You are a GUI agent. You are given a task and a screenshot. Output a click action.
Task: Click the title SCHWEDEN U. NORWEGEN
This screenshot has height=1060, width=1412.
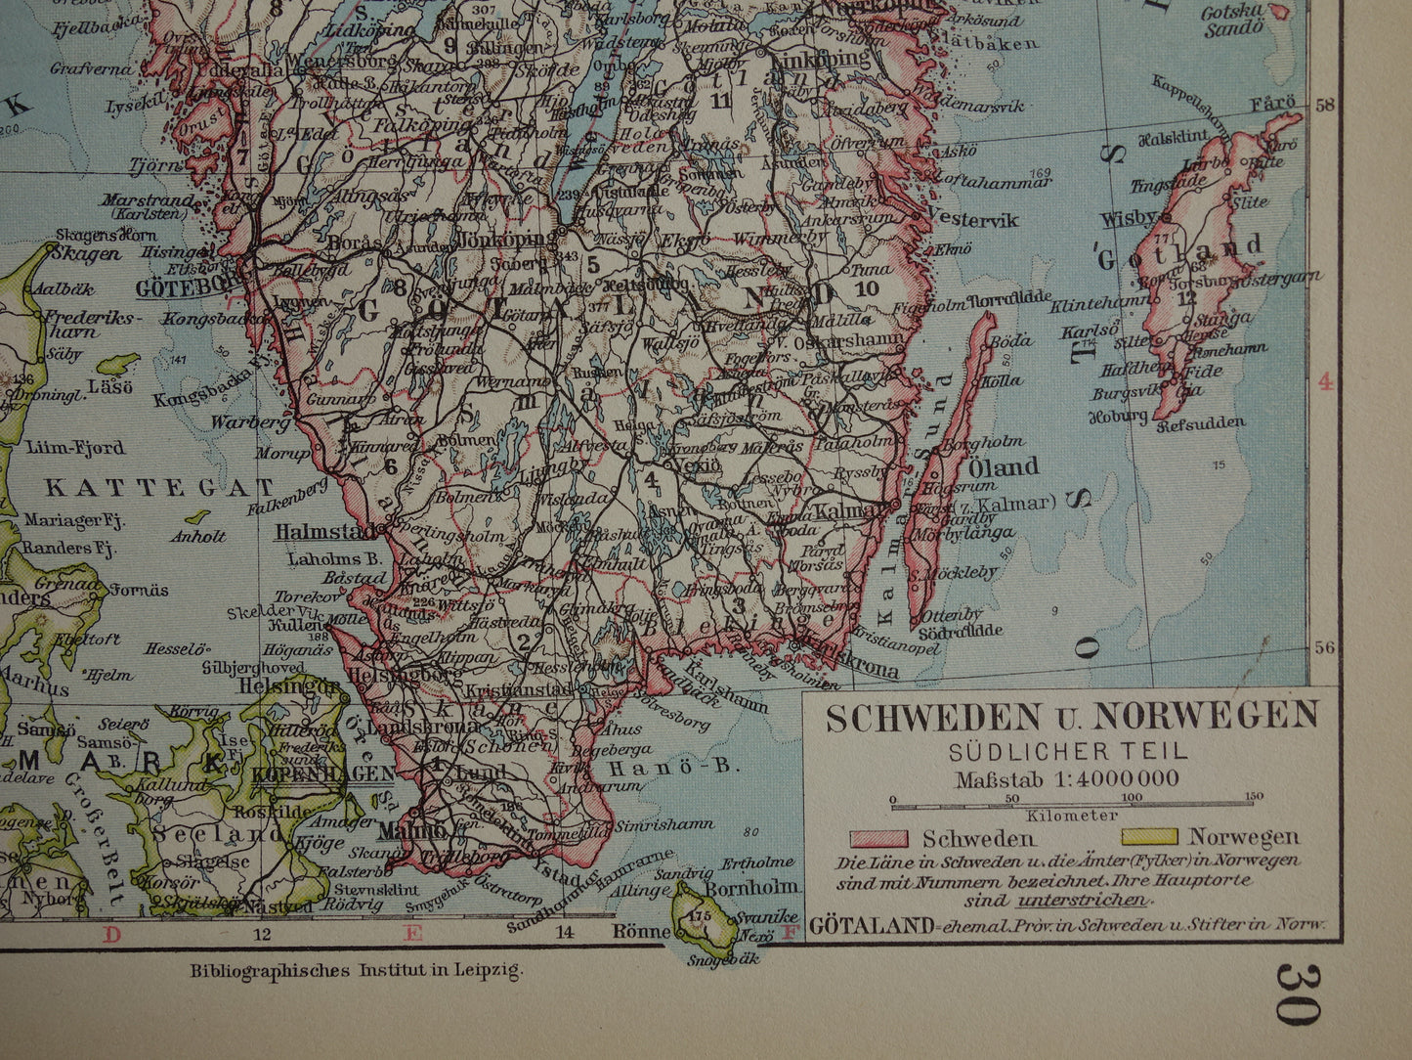click(x=1072, y=717)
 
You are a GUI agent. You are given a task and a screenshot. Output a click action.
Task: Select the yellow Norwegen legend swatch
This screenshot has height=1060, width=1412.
click(x=1150, y=837)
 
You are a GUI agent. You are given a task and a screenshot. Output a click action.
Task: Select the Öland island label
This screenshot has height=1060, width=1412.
click(x=1003, y=467)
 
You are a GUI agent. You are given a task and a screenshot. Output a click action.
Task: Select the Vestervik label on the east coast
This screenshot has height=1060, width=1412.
click(x=972, y=220)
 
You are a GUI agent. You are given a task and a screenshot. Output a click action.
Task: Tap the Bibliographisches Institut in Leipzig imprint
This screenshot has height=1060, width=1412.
click(x=357, y=971)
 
